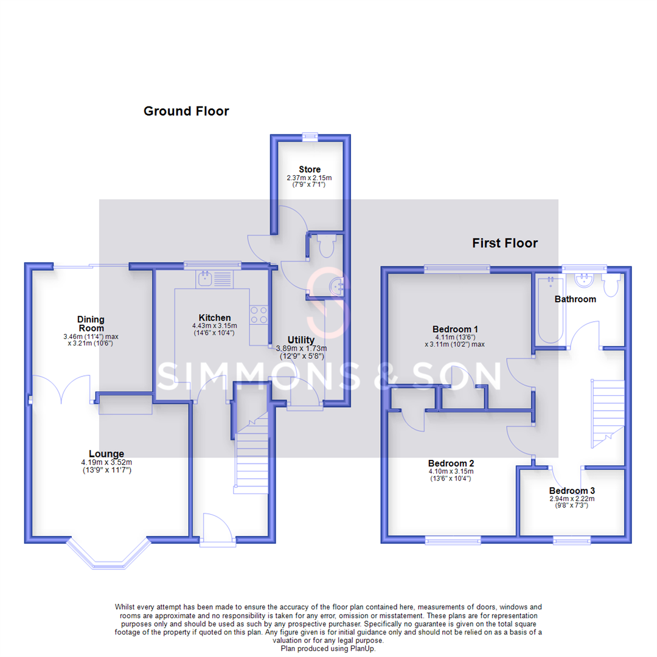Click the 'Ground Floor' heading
(186, 111)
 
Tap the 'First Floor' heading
(505, 243)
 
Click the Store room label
(310, 169)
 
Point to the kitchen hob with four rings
(259, 314)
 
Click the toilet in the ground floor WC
(324, 246)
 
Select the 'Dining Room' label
(91, 323)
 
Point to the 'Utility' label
(301, 340)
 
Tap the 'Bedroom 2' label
(450, 462)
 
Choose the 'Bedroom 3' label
(572, 490)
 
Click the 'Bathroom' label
(575, 299)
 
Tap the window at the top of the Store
(311, 136)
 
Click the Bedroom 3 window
(572, 540)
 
